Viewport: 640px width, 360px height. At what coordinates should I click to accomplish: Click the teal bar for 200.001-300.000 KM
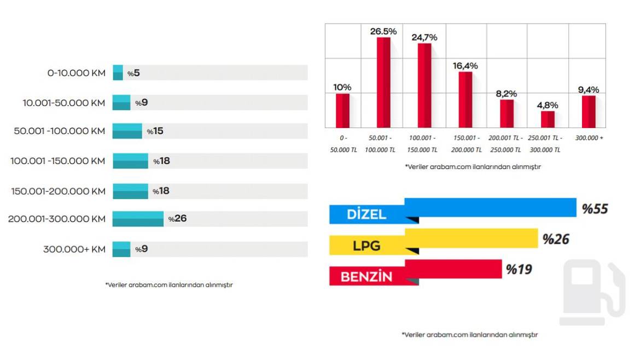pyautogui.click(x=138, y=219)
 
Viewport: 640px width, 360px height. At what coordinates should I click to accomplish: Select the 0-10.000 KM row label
pyautogui.click(x=76, y=73)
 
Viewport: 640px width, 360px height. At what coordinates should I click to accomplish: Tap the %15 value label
pyautogui.click(x=155, y=131)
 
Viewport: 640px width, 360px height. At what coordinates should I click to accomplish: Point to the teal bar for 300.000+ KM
pyautogui.click(x=121, y=249)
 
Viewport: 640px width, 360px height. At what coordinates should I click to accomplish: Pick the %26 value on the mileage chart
pyautogui.click(x=178, y=219)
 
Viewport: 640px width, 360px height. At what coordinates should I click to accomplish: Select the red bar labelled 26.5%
pyautogui.click(x=383, y=82)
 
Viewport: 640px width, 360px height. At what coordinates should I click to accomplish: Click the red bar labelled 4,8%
pyautogui.click(x=548, y=119)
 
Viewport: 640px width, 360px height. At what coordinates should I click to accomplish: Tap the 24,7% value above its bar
pyautogui.click(x=424, y=38)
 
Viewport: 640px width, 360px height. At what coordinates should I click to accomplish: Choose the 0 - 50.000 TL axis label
pyautogui.click(x=343, y=144)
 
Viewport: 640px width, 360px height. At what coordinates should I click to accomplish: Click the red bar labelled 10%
pyautogui.click(x=343, y=111)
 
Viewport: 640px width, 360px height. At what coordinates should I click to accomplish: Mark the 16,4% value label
pyautogui.click(x=466, y=66)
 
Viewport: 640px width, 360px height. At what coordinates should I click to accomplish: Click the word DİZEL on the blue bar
pyautogui.click(x=366, y=214)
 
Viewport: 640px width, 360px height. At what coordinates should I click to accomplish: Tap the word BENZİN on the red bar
pyautogui.click(x=366, y=277)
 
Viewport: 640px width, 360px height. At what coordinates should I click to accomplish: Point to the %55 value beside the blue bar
pyautogui.click(x=595, y=208)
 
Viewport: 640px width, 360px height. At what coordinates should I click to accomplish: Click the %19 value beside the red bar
pyautogui.click(x=519, y=269)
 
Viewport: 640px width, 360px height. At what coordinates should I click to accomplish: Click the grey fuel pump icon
pyautogui.click(x=592, y=293)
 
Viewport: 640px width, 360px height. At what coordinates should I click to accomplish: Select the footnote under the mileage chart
pyautogui.click(x=169, y=284)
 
